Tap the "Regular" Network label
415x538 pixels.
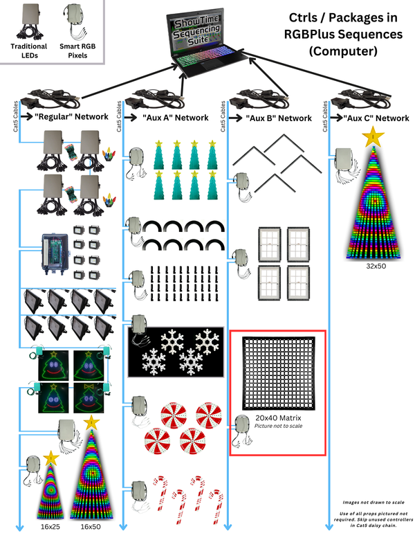[x=72, y=116]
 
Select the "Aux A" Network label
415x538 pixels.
[x=176, y=118]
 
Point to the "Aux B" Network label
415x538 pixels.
[x=279, y=118]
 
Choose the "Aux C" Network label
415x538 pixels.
[x=376, y=118]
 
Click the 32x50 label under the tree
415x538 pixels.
[x=376, y=266]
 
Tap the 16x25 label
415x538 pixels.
[x=50, y=527]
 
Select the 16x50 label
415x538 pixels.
[x=91, y=527]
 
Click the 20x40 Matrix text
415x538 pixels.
[x=278, y=418]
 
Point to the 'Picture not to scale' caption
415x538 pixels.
[x=278, y=426]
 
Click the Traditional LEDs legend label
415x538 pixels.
[x=29, y=51]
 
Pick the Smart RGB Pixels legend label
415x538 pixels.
[x=77, y=51]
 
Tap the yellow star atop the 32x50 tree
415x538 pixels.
[x=373, y=136]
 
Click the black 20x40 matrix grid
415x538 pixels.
[x=278, y=373]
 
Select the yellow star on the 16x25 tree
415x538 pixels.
[x=51, y=458]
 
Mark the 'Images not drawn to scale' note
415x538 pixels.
[x=373, y=502]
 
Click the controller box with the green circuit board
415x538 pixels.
[x=55, y=254]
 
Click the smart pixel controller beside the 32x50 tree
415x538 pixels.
[x=346, y=165]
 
